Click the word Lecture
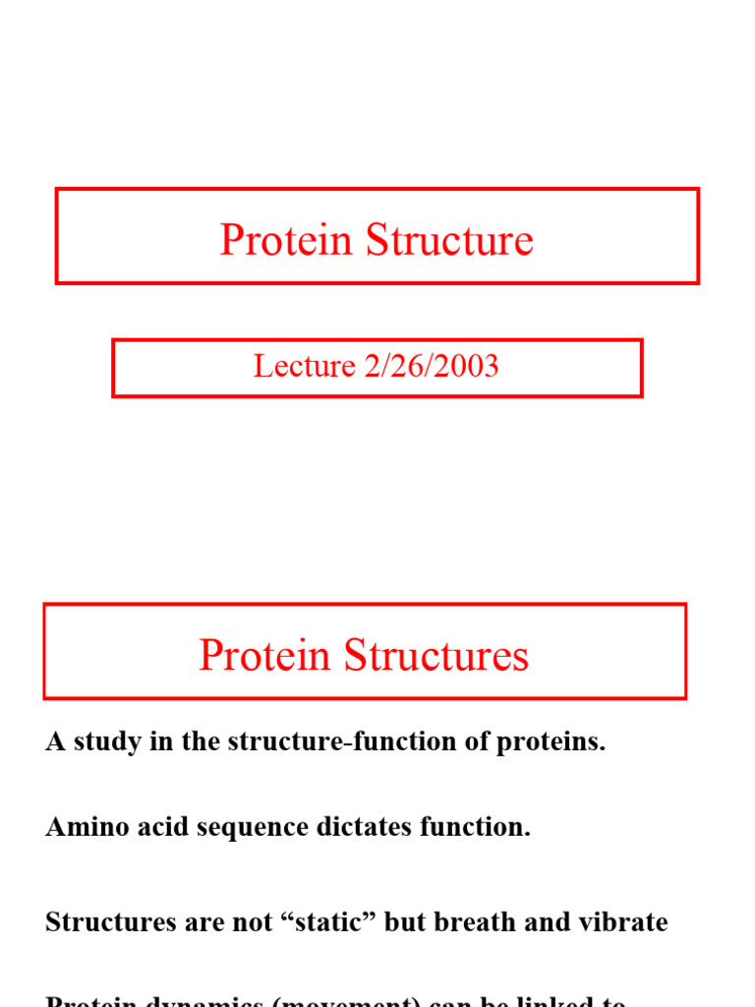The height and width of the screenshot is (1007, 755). [x=304, y=366]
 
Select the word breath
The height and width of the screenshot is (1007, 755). [x=470, y=922]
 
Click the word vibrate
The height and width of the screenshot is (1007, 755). [x=619, y=922]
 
